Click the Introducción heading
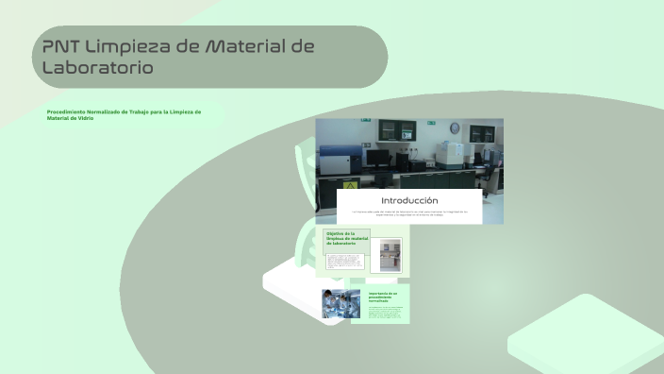(409, 201)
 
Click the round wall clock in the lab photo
(454, 127)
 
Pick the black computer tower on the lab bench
(403, 161)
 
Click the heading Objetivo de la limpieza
(340, 237)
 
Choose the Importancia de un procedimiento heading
(384, 297)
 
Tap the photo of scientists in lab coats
(340, 303)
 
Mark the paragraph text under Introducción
(409, 213)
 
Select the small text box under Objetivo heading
(343, 264)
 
